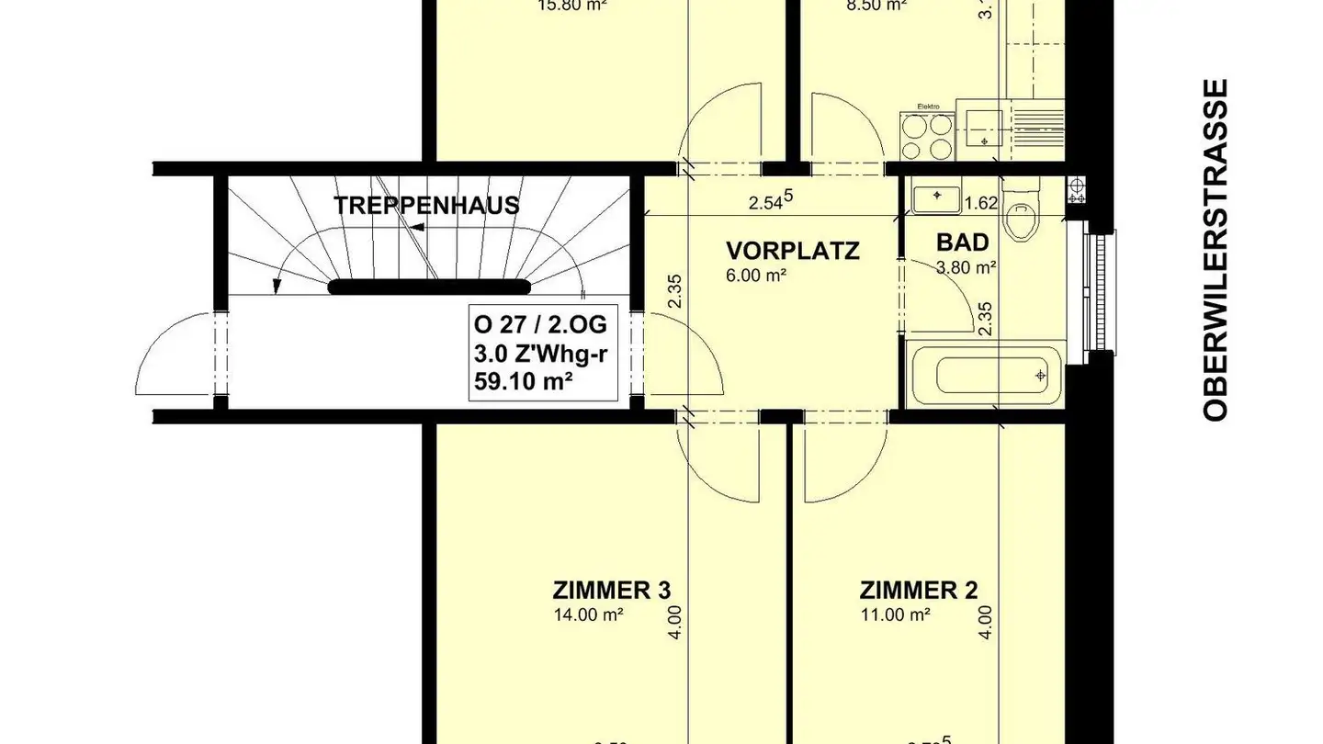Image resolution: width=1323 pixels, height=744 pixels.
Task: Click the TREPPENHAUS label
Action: [x=426, y=205]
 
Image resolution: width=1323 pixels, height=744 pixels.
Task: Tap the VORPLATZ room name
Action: [x=792, y=251]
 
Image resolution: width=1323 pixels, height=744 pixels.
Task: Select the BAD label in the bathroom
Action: [x=962, y=242]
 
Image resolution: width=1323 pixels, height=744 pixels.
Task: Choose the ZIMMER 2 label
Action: [x=918, y=589]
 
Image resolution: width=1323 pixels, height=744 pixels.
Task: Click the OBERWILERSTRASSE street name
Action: [x=1216, y=250]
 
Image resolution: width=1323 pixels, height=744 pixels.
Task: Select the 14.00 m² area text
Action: [x=588, y=614]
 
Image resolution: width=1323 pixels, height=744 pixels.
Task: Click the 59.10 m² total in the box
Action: [x=524, y=378]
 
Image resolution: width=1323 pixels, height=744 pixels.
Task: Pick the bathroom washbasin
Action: [x=936, y=197]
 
